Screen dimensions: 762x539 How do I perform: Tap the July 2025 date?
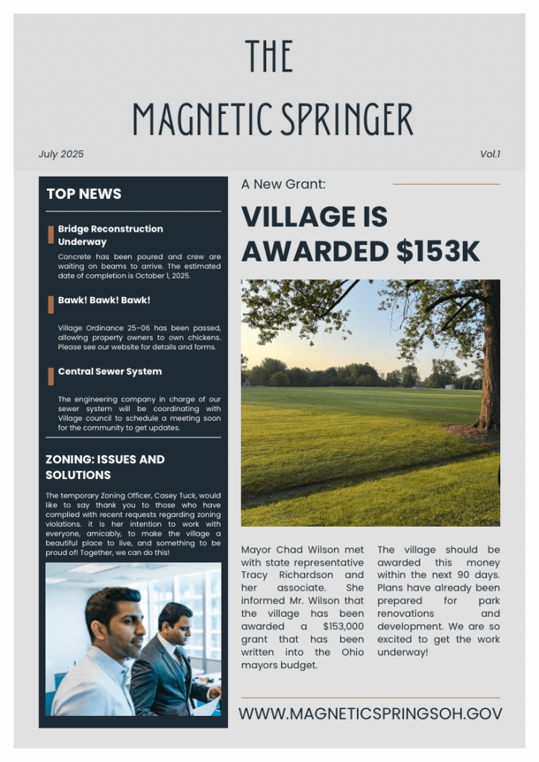(x=61, y=154)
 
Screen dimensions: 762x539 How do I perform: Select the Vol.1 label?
(x=490, y=154)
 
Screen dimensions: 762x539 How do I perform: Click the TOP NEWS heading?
(x=83, y=194)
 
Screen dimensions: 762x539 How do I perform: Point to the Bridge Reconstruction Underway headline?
(x=110, y=235)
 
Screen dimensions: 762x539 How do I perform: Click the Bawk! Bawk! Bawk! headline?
(x=104, y=300)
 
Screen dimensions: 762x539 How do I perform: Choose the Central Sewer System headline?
(x=110, y=371)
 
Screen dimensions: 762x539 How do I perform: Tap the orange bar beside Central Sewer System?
(x=51, y=376)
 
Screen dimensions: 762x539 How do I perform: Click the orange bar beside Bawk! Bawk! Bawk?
(x=51, y=304)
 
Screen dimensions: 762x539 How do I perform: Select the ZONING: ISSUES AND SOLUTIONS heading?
(x=104, y=467)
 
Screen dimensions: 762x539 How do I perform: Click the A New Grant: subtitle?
(x=283, y=184)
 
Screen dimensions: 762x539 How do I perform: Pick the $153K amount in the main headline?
(x=438, y=252)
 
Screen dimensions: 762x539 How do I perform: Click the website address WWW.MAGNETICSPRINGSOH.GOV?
(x=371, y=714)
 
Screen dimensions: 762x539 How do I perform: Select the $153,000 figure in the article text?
(x=343, y=626)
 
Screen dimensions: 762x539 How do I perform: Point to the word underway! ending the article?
(x=403, y=652)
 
